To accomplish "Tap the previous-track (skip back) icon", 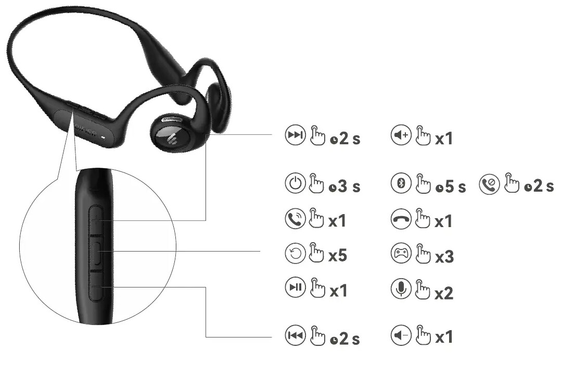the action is click(x=295, y=336).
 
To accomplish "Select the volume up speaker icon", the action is click(x=401, y=136).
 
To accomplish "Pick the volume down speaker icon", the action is click(x=401, y=336).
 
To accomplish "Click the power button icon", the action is click(x=295, y=184).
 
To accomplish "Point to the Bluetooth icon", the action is click(x=401, y=184).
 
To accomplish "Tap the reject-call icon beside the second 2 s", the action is click(x=489, y=184).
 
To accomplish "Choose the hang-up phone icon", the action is click(x=401, y=219).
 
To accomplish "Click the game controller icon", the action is click(x=401, y=254).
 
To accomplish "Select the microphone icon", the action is click(x=401, y=290).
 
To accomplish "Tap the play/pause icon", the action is click(x=295, y=287).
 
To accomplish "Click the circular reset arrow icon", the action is click(x=295, y=254).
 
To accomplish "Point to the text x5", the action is click(x=338, y=256).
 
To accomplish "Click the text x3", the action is click(x=444, y=256).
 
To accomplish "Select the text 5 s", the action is click(x=454, y=186).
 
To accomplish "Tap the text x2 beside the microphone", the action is click(x=444, y=293).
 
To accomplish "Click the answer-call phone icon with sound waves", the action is click(x=295, y=219).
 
